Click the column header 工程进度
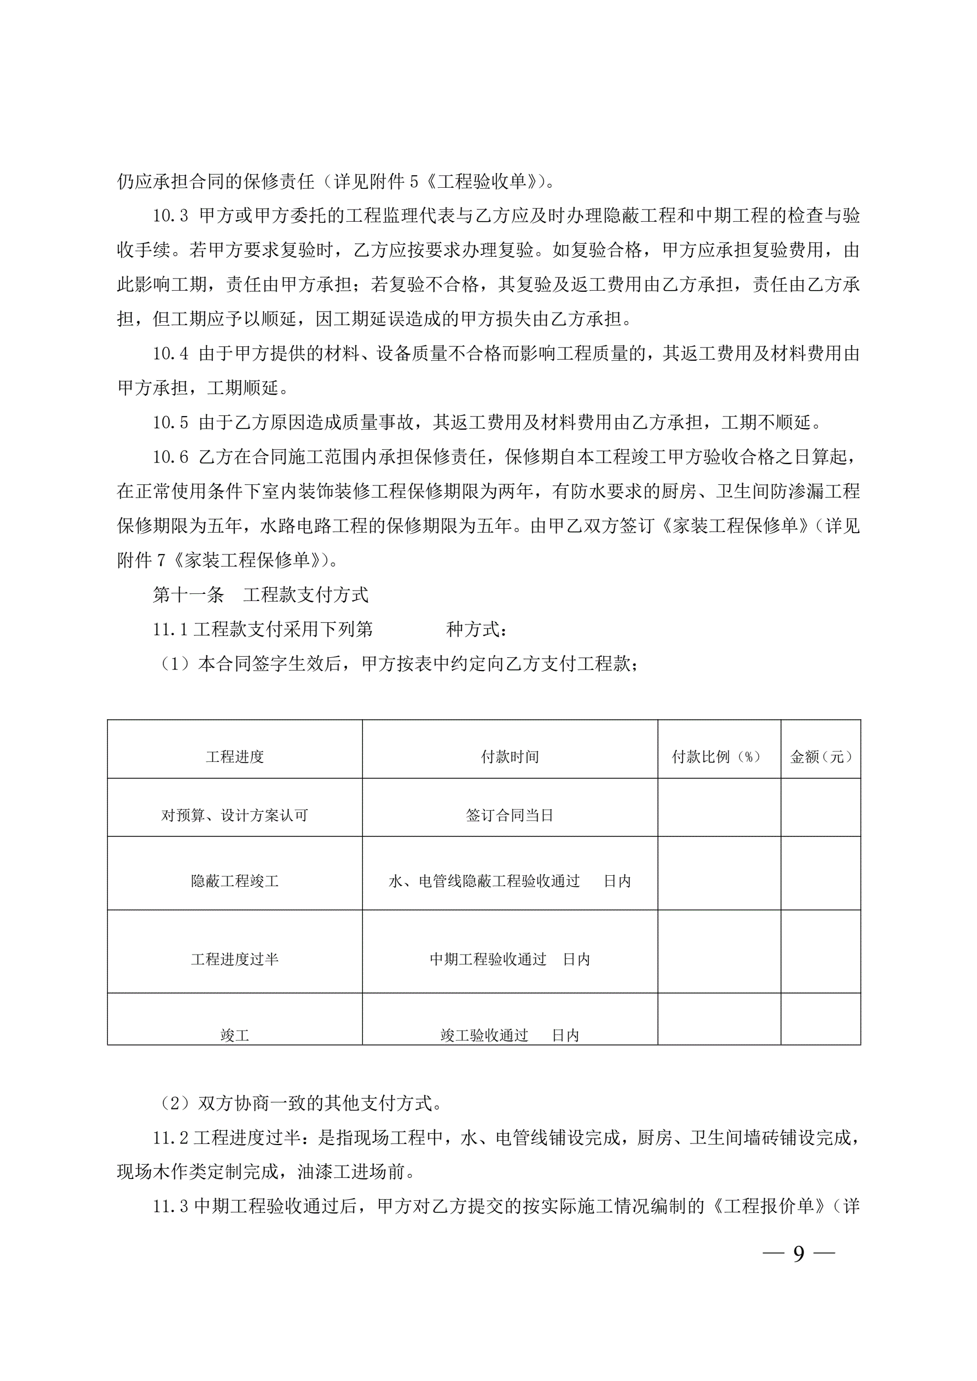click(x=235, y=756)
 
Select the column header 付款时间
click(x=510, y=756)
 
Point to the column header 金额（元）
click(x=820, y=756)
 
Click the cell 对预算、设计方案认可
click(x=235, y=815)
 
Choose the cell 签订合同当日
click(x=510, y=815)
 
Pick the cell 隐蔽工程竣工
click(x=235, y=881)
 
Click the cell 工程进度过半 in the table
click(x=235, y=960)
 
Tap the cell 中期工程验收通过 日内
click(x=510, y=960)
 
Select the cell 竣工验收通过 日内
click(x=510, y=1035)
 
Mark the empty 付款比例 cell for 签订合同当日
click(x=719, y=807)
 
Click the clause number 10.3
click(x=170, y=216)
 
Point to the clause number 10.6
click(x=170, y=457)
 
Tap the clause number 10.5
click(x=170, y=423)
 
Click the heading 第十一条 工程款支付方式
click(x=260, y=595)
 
